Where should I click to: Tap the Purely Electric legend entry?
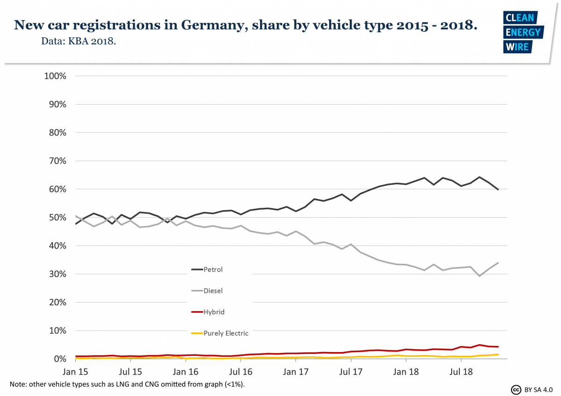tap(226, 333)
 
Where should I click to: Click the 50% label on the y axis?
tap(57, 218)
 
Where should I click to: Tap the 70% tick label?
tap(57, 161)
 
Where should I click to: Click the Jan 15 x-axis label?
tap(75, 372)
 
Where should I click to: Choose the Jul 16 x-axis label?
tap(241, 372)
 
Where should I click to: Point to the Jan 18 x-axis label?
tap(406, 372)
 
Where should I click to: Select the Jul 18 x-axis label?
tap(461, 372)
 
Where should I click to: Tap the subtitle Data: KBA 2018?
tap(79, 42)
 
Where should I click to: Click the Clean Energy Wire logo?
tap(522, 32)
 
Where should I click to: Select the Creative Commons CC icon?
tap(517, 389)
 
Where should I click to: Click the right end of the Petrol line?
tap(498, 189)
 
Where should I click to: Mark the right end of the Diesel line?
tap(498, 263)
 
